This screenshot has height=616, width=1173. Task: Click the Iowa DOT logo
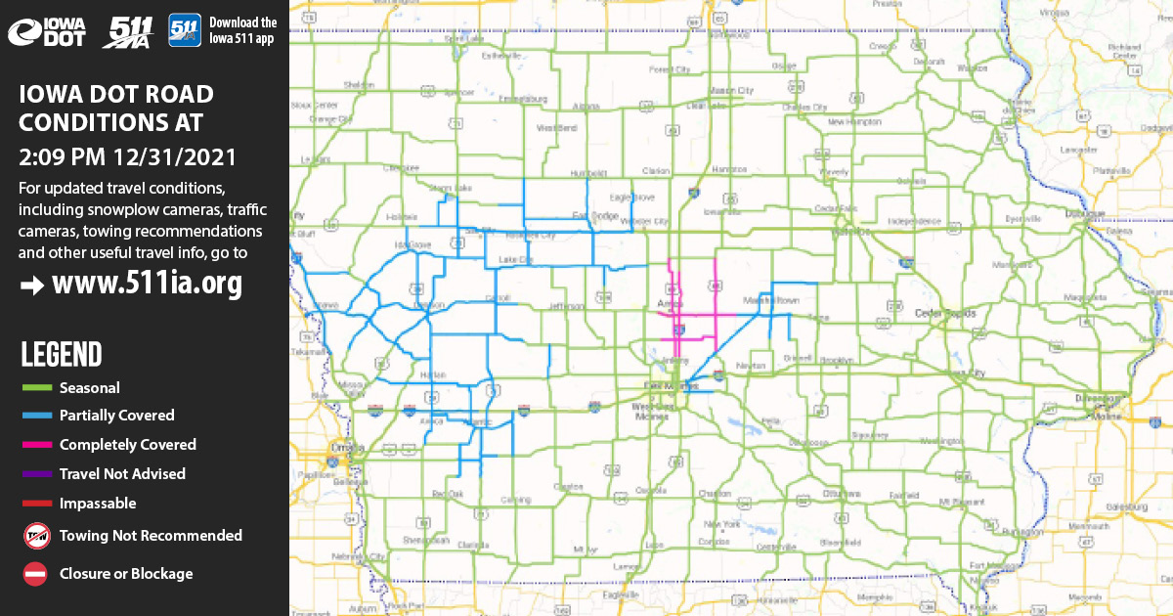[47, 31]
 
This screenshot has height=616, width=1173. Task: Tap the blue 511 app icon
[185, 29]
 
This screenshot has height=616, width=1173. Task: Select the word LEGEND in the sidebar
[61, 354]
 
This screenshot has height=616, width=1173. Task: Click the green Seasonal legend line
[35, 388]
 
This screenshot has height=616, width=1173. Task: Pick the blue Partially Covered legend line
[35, 416]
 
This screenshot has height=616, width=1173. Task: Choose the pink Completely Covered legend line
[35, 445]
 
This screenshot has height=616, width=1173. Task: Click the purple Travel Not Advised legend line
[35, 474]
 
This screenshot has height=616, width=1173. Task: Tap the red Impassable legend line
[35, 504]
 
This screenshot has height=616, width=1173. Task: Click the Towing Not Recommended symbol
[35, 535]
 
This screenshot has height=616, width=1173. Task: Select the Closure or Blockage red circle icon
[35, 574]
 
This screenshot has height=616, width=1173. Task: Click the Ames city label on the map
[671, 305]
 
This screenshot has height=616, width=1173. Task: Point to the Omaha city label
[341, 449]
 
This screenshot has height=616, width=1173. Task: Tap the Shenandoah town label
[426, 540]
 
